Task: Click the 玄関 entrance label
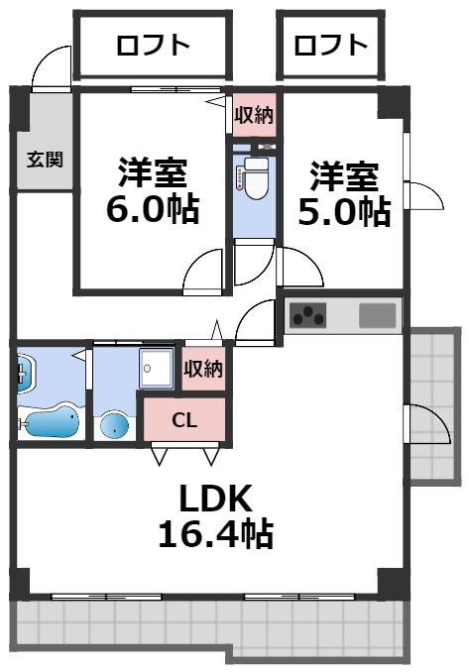click(x=45, y=159)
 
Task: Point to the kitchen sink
click(x=377, y=316)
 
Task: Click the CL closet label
click(x=184, y=419)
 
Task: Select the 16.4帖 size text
click(x=216, y=535)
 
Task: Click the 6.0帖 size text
click(x=153, y=209)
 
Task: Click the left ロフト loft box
click(x=153, y=45)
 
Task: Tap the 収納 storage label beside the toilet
click(x=254, y=115)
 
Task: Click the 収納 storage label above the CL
click(x=203, y=369)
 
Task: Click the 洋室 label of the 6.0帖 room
click(x=153, y=171)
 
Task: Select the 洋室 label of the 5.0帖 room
click(x=344, y=175)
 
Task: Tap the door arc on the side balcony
click(x=424, y=426)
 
